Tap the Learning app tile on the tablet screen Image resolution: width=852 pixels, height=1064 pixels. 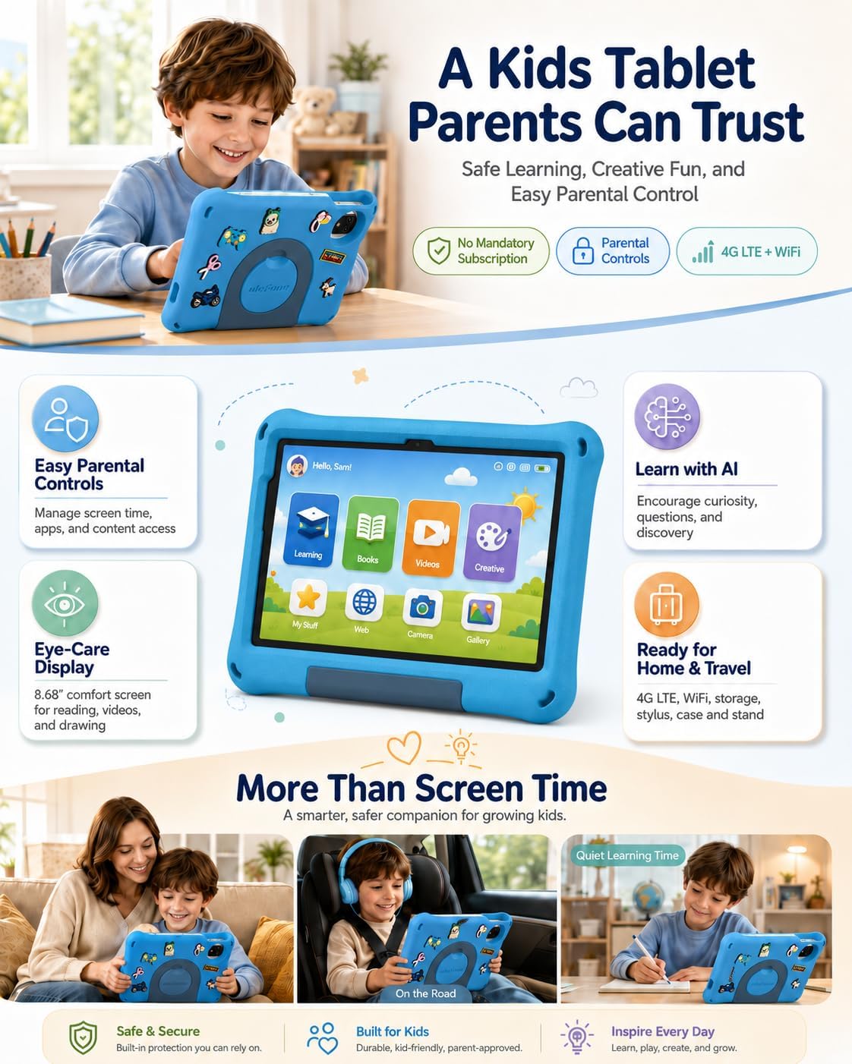point(311,530)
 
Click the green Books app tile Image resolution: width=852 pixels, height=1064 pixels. point(370,534)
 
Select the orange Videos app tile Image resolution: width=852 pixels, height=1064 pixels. point(431,538)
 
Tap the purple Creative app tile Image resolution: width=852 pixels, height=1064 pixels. point(492,543)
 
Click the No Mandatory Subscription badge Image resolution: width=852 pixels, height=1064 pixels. point(481,251)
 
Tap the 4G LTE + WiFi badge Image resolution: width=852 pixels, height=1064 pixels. point(746,251)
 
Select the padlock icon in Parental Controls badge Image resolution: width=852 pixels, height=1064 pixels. point(583,250)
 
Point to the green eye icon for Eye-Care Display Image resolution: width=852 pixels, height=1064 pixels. point(65,603)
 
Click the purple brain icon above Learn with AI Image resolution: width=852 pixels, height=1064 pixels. point(667,417)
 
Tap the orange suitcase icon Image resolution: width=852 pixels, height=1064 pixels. point(667,604)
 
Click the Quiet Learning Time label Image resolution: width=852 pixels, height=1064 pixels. point(627,855)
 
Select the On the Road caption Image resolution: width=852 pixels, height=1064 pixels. point(425,993)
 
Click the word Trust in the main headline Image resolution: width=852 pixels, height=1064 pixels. point(748,122)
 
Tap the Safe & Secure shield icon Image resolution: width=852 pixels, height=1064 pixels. point(83,1037)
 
